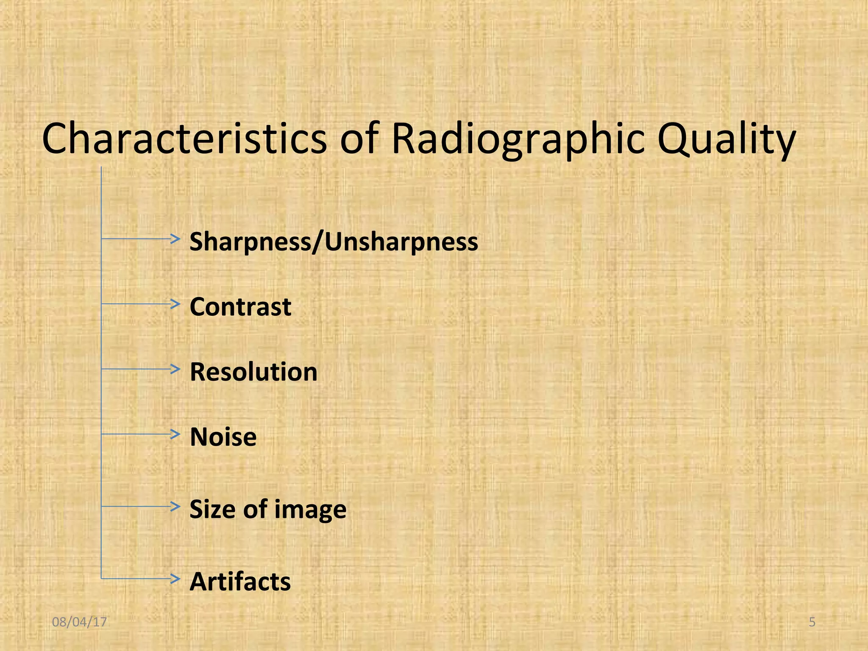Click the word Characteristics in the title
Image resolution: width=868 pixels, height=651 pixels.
[x=184, y=139]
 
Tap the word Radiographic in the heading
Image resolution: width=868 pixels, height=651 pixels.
[x=518, y=139]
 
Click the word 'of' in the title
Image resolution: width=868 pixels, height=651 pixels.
[x=359, y=139]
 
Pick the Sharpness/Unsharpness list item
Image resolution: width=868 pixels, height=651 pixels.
[x=334, y=242]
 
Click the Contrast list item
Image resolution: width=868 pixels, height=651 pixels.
[x=240, y=306]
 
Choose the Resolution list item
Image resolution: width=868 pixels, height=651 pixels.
[x=253, y=372]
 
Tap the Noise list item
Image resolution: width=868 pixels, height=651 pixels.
[x=223, y=437]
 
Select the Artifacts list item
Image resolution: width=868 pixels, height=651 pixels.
[x=240, y=581]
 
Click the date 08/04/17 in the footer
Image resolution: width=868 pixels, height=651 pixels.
[x=79, y=622]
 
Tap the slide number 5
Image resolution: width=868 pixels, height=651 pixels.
[x=812, y=622]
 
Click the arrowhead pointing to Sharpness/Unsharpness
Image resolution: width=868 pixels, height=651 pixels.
[x=175, y=239]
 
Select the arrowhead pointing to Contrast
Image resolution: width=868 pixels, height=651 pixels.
[x=175, y=304]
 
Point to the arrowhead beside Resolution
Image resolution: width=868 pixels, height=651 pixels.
[x=175, y=369]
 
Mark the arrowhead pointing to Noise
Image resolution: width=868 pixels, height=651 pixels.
[x=175, y=434]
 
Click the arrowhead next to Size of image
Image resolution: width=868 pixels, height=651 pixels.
[x=175, y=506]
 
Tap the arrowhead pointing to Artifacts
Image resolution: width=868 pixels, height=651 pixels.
[x=175, y=579]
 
